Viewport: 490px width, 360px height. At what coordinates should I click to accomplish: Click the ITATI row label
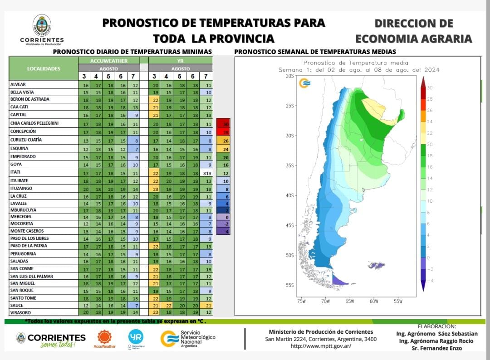[x=15, y=172]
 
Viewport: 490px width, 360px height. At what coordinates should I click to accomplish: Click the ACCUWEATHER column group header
[x=108, y=61]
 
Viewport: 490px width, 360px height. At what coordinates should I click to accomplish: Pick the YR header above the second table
[x=180, y=61]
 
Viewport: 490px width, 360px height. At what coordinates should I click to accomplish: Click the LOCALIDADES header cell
[x=44, y=69]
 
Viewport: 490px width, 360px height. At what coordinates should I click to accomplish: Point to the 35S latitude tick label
[x=290, y=165]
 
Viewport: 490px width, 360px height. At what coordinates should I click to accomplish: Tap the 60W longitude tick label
[x=374, y=301]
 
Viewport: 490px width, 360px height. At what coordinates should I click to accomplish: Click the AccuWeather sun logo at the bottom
[x=105, y=336]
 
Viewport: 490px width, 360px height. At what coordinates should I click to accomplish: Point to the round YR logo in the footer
[x=136, y=336]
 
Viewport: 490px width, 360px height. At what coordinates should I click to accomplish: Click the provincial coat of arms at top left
[x=42, y=25]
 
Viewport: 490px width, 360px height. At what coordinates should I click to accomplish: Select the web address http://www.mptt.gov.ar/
[x=321, y=346]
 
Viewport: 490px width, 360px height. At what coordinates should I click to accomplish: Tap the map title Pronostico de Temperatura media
[x=356, y=63]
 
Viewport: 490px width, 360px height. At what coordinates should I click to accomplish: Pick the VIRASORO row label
[x=21, y=313]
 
